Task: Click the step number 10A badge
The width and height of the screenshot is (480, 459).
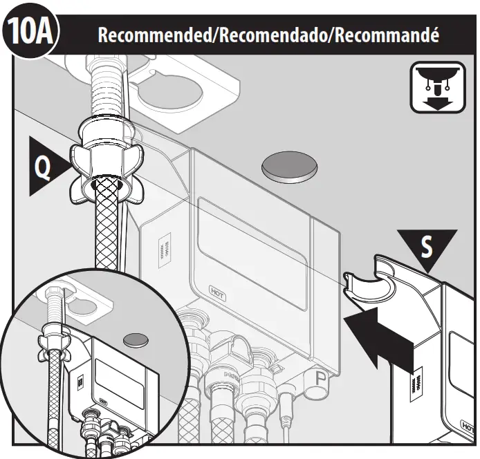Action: (31, 32)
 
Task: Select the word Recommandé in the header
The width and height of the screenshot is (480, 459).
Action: (387, 35)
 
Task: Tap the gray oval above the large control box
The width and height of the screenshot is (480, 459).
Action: (290, 167)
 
